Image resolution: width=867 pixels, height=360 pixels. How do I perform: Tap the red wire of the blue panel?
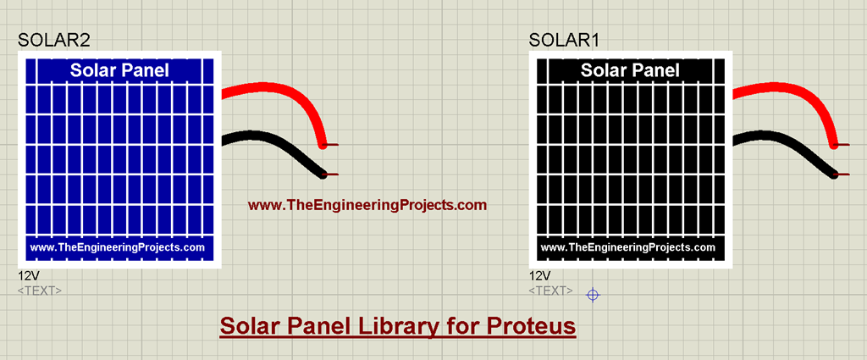coord(279,91)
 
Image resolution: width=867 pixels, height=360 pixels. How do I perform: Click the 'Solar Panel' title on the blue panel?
coord(119,70)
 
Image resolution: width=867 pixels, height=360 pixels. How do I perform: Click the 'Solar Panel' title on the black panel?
coord(630,70)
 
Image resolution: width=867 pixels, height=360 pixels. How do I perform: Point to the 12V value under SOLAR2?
coord(29,276)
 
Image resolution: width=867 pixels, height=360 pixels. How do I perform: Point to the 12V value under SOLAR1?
coord(540,276)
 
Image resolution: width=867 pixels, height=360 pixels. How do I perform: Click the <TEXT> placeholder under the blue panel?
coord(40,291)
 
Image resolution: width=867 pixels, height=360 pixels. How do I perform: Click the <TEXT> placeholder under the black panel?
coord(551,291)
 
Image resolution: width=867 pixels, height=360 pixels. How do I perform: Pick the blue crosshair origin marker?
coord(594,295)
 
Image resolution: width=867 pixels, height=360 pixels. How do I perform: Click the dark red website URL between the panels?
coord(367,205)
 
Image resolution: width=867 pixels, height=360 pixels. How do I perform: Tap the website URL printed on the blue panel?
coord(118,247)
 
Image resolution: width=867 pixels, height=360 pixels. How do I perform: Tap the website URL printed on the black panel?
coord(628,247)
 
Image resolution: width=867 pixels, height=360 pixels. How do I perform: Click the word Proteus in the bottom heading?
coord(532,326)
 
